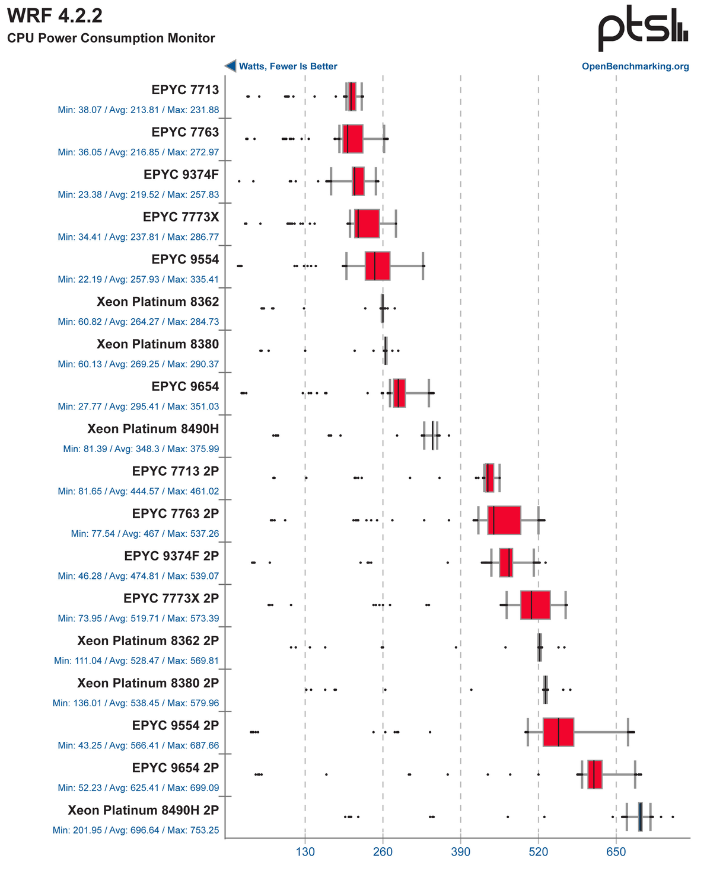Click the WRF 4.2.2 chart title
click(55, 16)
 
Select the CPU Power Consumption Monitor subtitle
click(111, 39)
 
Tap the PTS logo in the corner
click(642, 29)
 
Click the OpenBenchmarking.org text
click(635, 66)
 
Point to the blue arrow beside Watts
click(230, 66)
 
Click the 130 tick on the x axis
click(305, 852)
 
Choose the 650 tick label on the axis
click(616, 852)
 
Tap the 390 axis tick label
click(460, 852)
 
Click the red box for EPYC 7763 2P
click(504, 520)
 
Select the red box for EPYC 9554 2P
click(558, 732)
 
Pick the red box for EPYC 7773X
click(367, 223)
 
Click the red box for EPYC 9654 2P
click(595, 774)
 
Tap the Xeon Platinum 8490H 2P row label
click(143, 810)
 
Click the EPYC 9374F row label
click(181, 175)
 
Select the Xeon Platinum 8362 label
click(158, 302)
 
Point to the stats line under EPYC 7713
click(138, 110)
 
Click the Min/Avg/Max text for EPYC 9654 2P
click(138, 788)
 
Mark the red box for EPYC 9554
click(377, 266)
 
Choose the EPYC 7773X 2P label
click(171, 598)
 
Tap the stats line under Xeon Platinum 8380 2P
click(136, 703)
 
